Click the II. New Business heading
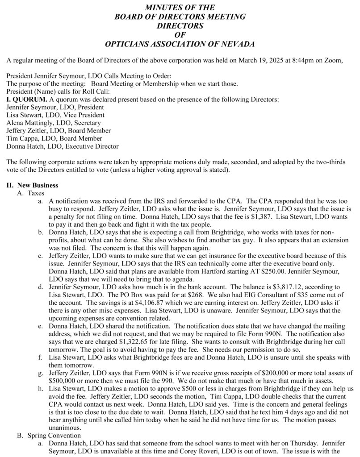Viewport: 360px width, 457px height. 32,185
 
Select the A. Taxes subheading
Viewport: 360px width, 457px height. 31,193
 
